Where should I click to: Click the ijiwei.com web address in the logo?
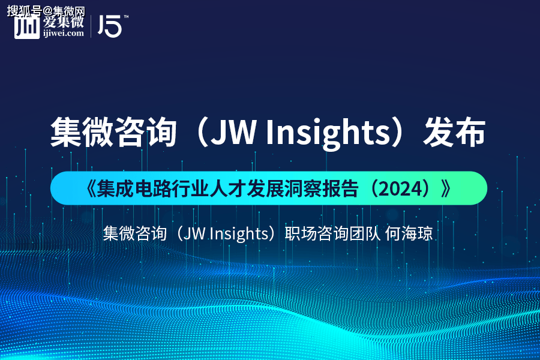tap(64, 34)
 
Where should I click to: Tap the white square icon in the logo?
tap(27, 27)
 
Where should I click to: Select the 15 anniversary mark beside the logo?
tap(110, 26)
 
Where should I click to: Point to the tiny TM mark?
tap(126, 17)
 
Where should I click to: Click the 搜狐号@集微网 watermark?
tap(46, 11)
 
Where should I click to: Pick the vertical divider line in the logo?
tap(91, 26)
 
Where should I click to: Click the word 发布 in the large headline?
tap(454, 133)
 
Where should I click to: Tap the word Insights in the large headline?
tap(328, 133)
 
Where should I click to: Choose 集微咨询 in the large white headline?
tap(113, 133)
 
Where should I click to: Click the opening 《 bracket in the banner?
tap(90, 188)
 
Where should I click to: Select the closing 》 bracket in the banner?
tap(446, 188)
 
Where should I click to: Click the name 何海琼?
tap(409, 233)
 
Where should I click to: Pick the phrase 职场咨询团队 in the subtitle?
tap(332, 233)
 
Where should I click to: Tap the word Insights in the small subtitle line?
tap(239, 234)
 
